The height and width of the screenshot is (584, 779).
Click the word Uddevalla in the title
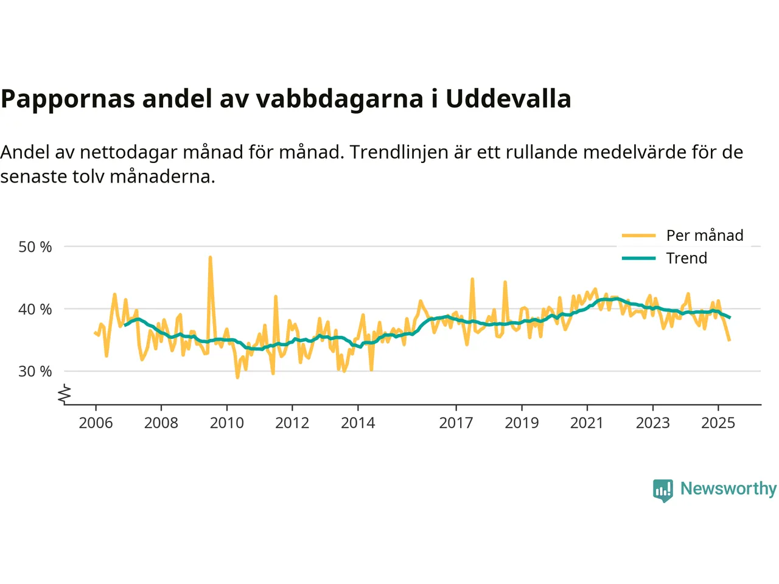pyautogui.click(x=508, y=99)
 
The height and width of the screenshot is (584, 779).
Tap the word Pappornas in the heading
pyautogui.click(x=68, y=99)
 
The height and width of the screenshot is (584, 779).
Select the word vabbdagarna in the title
pyautogui.click(x=339, y=99)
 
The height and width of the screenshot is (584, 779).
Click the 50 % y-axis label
pyautogui.click(x=35, y=247)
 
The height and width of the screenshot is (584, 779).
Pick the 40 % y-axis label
pyautogui.click(x=35, y=309)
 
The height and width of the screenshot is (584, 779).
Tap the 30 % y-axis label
pyautogui.click(x=35, y=371)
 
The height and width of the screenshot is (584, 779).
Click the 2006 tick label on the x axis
pyautogui.click(x=96, y=423)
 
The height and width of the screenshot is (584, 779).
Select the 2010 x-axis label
pyautogui.click(x=226, y=423)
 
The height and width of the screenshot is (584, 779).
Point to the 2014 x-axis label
pyautogui.click(x=358, y=423)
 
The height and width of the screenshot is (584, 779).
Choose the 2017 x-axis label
pyautogui.click(x=456, y=423)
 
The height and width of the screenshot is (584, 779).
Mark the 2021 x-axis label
pyautogui.click(x=587, y=423)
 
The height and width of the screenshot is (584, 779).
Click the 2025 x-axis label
pyautogui.click(x=718, y=423)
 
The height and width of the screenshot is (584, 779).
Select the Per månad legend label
pyautogui.click(x=705, y=235)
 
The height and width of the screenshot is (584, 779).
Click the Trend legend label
pyautogui.click(x=686, y=258)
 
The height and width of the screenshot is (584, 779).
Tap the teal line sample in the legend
pyautogui.click(x=638, y=258)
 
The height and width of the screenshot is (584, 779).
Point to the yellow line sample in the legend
pyautogui.click(x=638, y=235)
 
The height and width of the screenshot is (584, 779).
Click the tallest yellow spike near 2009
pyautogui.click(x=210, y=258)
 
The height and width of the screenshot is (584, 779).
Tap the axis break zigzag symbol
pyautogui.click(x=65, y=395)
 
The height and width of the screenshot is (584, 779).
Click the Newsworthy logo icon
pyautogui.click(x=663, y=490)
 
